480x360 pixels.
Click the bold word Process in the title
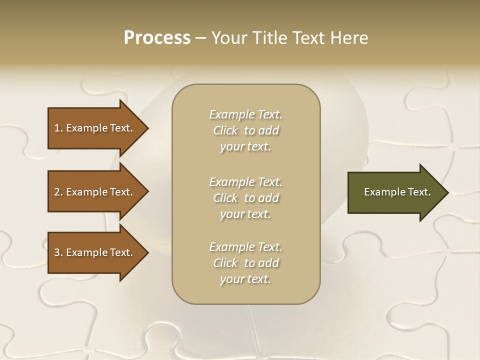(x=157, y=38)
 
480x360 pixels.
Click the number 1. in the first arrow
(x=58, y=128)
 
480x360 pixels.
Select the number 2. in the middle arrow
(x=58, y=192)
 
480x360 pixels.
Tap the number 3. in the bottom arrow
(x=58, y=252)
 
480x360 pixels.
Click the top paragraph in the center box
(x=245, y=130)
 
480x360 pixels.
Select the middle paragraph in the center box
(x=245, y=198)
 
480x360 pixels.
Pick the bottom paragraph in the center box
(x=245, y=263)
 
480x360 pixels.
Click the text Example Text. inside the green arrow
(x=397, y=192)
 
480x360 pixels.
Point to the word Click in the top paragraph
(x=225, y=130)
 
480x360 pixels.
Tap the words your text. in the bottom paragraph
(x=245, y=279)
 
